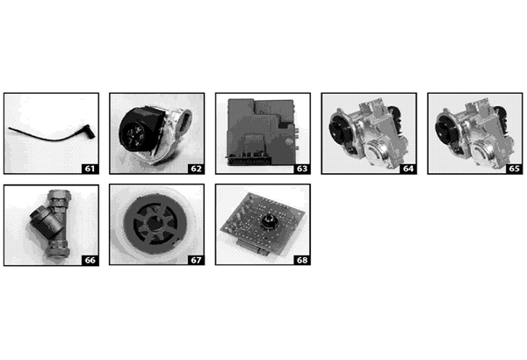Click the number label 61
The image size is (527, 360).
click(89, 166)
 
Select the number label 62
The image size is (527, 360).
click(195, 166)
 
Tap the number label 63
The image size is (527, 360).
click(301, 166)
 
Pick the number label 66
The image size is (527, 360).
click(89, 259)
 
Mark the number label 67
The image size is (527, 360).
click(195, 259)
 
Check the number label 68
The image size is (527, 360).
click(301, 259)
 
